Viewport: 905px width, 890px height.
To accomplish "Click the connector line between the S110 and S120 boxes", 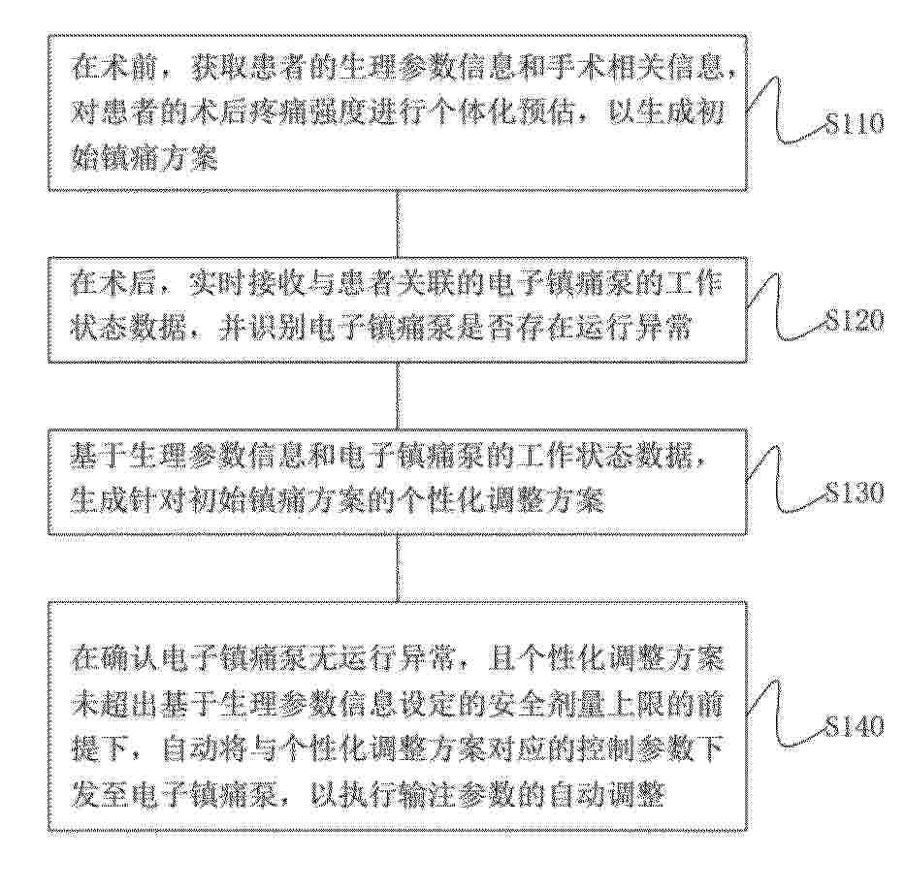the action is (398, 224).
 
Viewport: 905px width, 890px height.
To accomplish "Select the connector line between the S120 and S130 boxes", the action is (398, 396).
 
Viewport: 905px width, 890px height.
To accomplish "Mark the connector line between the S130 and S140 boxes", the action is (398, 568).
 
